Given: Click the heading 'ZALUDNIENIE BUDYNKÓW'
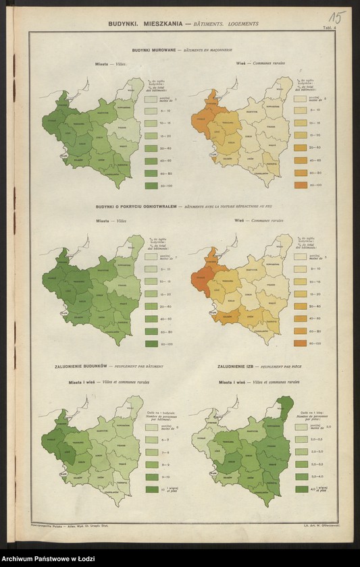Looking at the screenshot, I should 80,367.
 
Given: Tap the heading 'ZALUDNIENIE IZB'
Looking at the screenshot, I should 237,367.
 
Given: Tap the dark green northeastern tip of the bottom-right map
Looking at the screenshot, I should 286,405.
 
